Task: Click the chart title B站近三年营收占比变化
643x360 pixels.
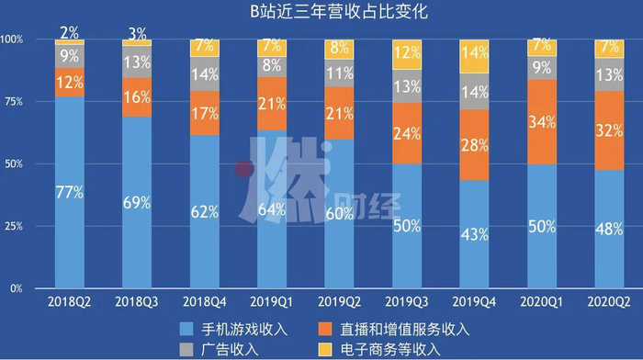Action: click(x=321, y=13)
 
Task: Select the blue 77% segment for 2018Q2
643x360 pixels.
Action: click(x=69, y=193)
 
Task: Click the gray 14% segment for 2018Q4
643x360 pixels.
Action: click(x=206, y=74)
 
